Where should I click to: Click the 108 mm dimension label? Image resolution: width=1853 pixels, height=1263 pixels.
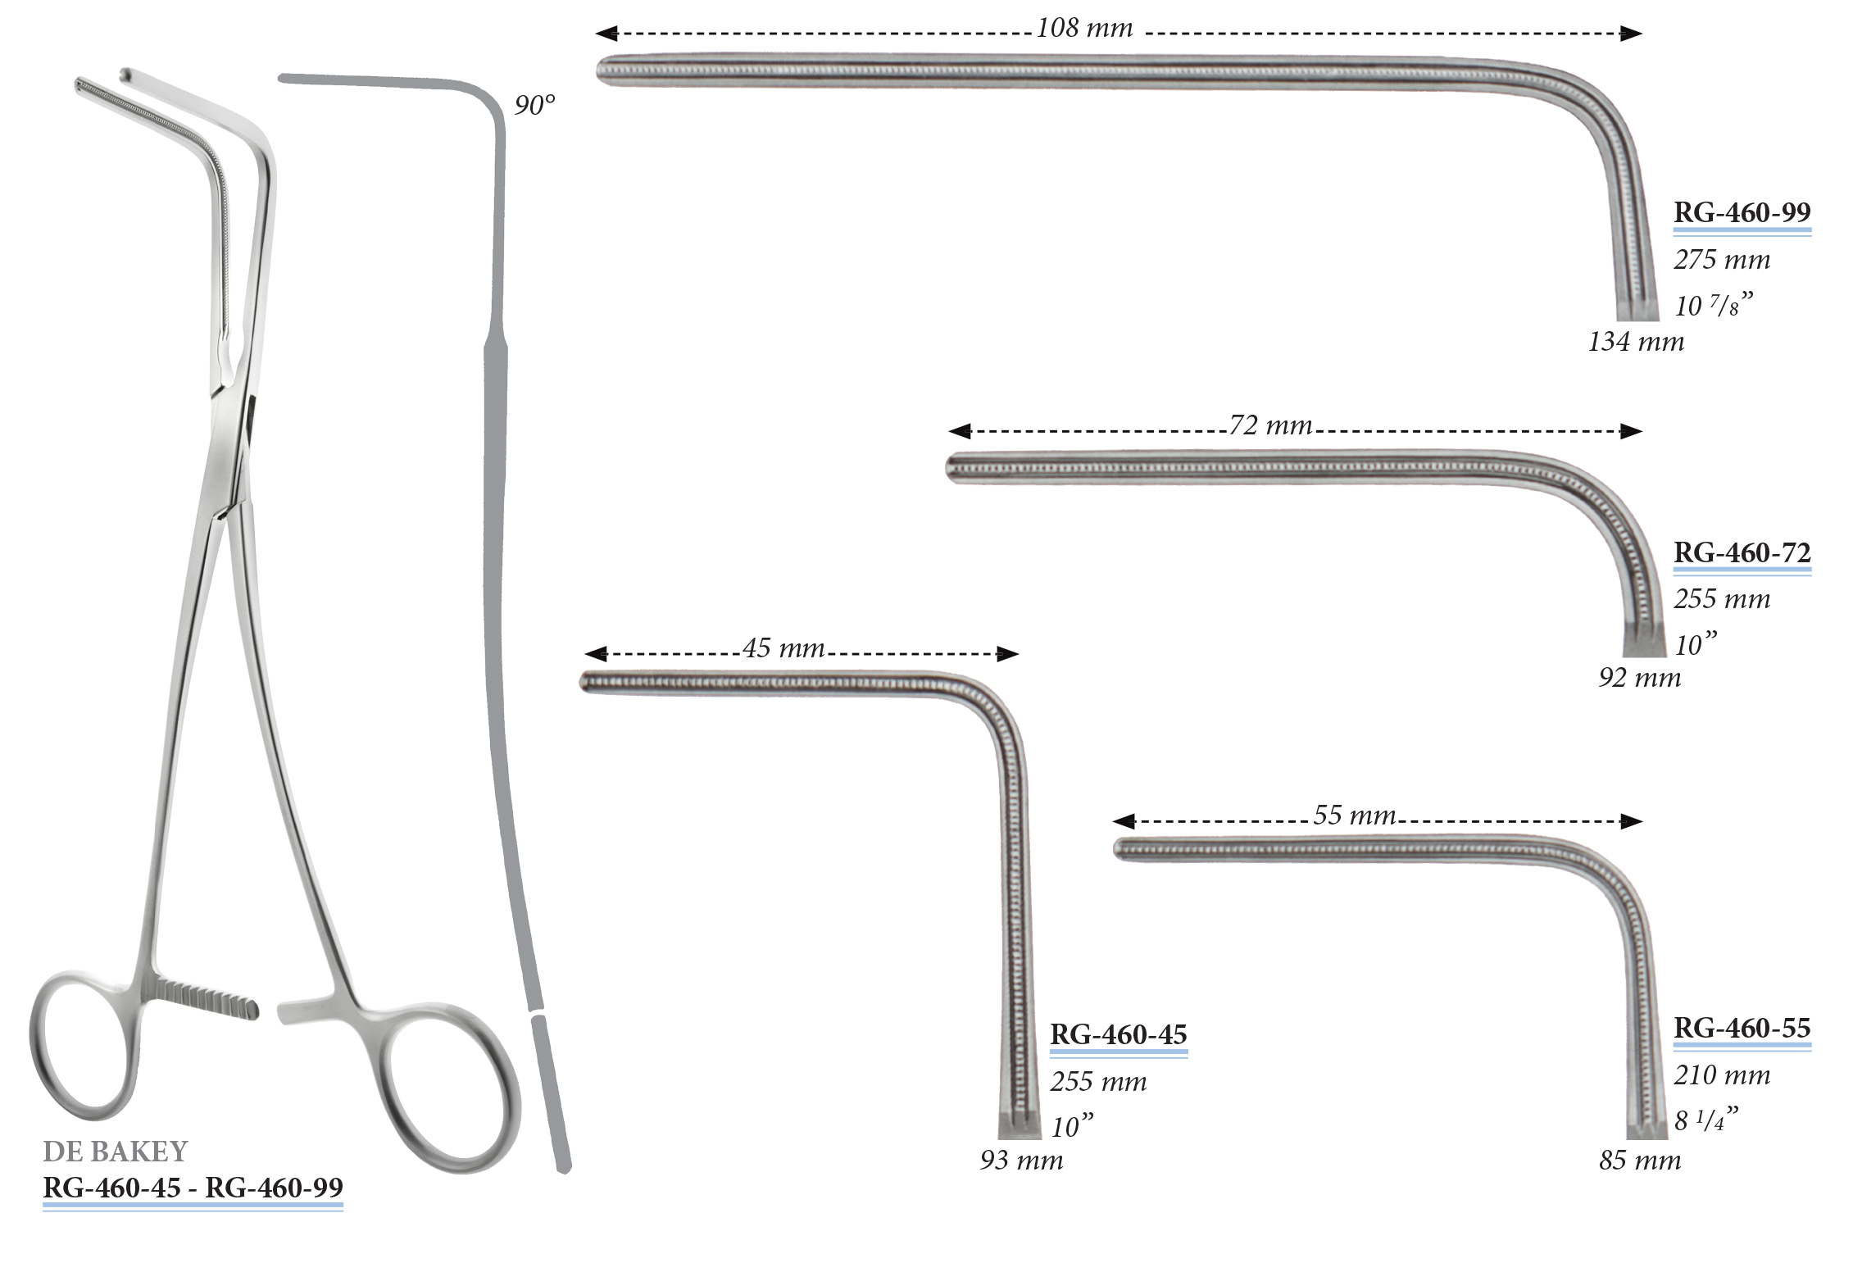click(x=1084, y=29)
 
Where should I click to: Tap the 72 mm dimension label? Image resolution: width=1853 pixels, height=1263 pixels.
click(x=1270, y=425)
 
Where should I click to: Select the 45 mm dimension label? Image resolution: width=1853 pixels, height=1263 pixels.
click(x=783, y=648)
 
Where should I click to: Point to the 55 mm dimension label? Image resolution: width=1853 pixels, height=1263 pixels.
click(x=1355, y=815)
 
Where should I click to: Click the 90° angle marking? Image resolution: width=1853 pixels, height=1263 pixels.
click(x=534, y=105)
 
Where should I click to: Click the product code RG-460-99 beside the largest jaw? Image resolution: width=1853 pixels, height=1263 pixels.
click(x=1742, y=212)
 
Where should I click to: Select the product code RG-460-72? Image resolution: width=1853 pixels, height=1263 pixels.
click(x=1742, y=552)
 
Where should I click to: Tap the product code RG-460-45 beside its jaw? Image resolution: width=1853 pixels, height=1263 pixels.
click(x=1119, y=1034)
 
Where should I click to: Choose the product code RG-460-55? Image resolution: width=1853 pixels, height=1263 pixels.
click(x=1742, y=1028)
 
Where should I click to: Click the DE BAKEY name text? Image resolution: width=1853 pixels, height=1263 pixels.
click(x=116, y=1152)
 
